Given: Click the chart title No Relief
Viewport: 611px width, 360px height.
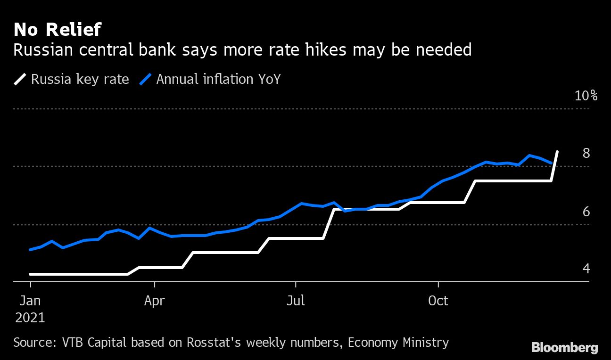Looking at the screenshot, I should (x=57, y=30).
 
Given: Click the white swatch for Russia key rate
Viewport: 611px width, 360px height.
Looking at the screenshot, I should (x=20, y=79).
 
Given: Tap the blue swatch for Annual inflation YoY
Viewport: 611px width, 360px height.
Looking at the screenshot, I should (x=146, y=79).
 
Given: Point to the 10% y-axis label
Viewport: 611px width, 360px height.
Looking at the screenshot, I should (x=586, y=96).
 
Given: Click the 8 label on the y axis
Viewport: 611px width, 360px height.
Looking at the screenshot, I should (x=586, y=154).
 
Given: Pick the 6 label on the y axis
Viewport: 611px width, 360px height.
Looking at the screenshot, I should (x=586, y=212).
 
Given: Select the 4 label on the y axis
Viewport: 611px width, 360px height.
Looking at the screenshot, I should (x=586, y=269).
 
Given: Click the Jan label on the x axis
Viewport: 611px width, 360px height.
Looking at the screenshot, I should (x=30, y=300).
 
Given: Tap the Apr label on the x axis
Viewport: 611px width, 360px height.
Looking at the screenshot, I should (x=154, y=300).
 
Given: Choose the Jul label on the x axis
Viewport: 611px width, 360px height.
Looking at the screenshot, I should (x=296, y=300).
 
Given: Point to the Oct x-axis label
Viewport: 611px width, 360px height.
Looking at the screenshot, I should (x=438, y=300).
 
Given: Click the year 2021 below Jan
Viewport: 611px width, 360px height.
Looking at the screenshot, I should (x=30, y=317).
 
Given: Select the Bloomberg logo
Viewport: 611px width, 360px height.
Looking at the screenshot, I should (x=564, y=348).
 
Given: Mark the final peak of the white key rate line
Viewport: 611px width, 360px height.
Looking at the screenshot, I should (x=557, y=152).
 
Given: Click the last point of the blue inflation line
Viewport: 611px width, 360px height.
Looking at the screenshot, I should (x=551, y=163).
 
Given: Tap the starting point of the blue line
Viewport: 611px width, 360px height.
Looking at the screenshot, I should (x=30, y=250).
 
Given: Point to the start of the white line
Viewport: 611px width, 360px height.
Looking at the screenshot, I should (x=30, y=274).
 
